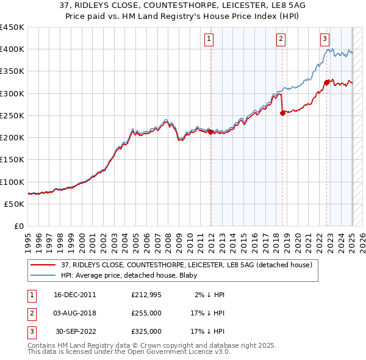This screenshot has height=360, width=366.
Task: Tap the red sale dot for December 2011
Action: [210, 131]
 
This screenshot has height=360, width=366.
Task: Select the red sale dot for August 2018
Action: [282, 113]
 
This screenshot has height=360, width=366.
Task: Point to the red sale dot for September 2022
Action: [327, 82]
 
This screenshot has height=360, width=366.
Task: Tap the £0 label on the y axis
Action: [20, 226]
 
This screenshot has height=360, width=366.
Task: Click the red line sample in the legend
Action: [43, 265]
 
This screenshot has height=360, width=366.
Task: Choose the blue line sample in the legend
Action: [43, 275]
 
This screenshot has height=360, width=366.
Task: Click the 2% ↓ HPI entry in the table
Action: [210, 295]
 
